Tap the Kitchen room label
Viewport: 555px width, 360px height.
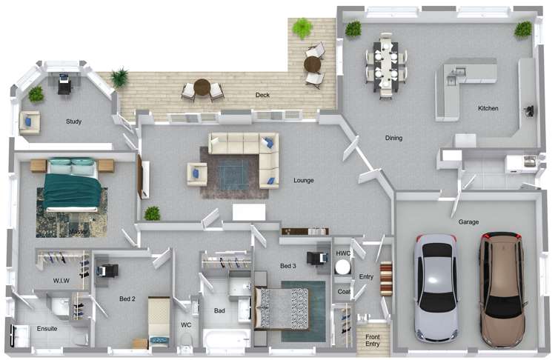(488, 109)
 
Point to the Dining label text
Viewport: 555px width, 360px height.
(393, 138)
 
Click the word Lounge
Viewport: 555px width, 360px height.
(303, 180)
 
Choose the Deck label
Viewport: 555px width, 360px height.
(262, 95)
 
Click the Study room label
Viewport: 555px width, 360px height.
(73, 121)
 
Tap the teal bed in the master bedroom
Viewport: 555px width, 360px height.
(71, 185)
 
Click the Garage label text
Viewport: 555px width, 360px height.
(468, 221)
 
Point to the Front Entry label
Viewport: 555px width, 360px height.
(372, 340)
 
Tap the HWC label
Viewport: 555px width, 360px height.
(343, 253)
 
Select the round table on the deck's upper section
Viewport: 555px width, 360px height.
(313, 64)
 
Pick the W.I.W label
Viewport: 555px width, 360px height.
(61, 280)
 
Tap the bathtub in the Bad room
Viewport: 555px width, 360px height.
(227, 340)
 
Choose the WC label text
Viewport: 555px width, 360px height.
(186, 325)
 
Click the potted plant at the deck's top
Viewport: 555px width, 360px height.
(302, 28)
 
